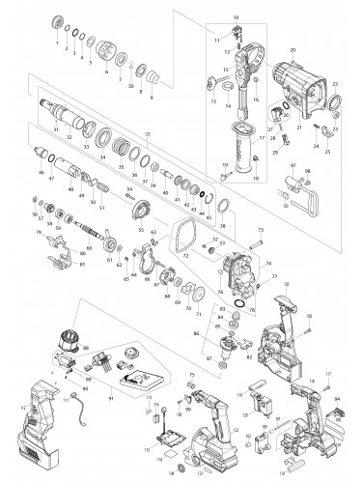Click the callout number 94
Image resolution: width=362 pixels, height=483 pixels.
(x=351, y=395)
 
